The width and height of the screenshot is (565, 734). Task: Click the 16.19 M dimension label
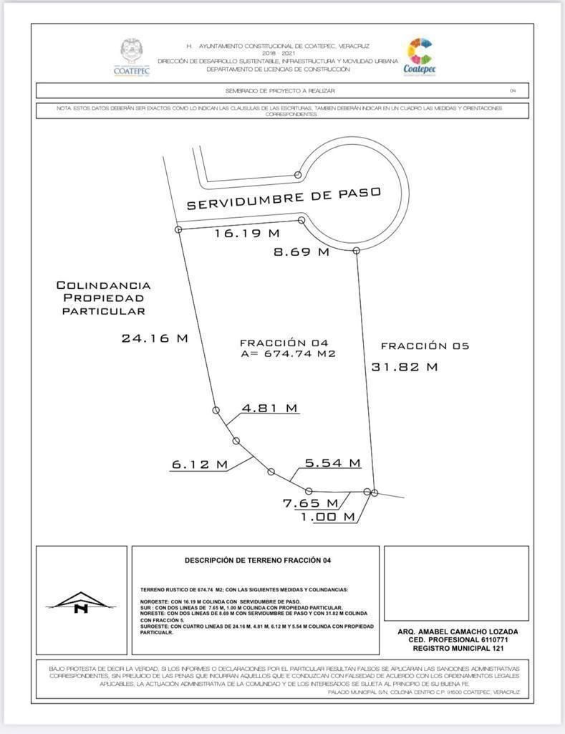point(247,234)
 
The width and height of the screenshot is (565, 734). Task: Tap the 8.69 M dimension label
point(301,252)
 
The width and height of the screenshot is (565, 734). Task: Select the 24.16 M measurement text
point(155,338)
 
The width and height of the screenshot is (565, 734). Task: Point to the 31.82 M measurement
point(405,367)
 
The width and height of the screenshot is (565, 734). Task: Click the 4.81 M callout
point(269,408)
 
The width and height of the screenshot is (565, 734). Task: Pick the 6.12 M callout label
point(199,464)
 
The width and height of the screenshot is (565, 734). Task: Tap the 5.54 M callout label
point(332,463)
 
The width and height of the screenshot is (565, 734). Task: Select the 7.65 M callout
point(310,503)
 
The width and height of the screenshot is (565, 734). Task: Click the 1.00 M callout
point(327,517)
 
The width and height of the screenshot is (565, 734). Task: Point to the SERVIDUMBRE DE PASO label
point(284,198)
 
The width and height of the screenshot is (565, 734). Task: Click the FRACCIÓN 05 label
point(425,346)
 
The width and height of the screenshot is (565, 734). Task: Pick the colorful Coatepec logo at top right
point(420,56)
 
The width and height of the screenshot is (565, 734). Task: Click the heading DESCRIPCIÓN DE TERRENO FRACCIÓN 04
point(258,560)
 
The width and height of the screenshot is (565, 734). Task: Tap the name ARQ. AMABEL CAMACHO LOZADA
point(458,631)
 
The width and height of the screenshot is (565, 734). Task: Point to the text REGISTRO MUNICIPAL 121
point(458,648)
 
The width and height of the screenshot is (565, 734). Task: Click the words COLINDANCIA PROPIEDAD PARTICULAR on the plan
point(103,298)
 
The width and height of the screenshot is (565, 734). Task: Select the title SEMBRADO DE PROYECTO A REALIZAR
point(280,91)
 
